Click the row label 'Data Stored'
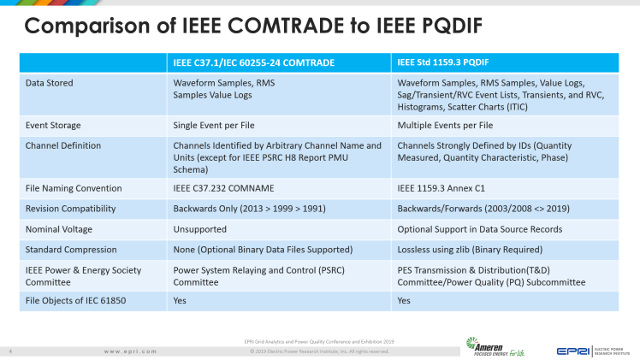[x=50, y=83]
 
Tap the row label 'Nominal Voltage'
[x=59, y=228]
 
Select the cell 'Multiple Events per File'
[x=449, y=124]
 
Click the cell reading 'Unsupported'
[x=199, y=228]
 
